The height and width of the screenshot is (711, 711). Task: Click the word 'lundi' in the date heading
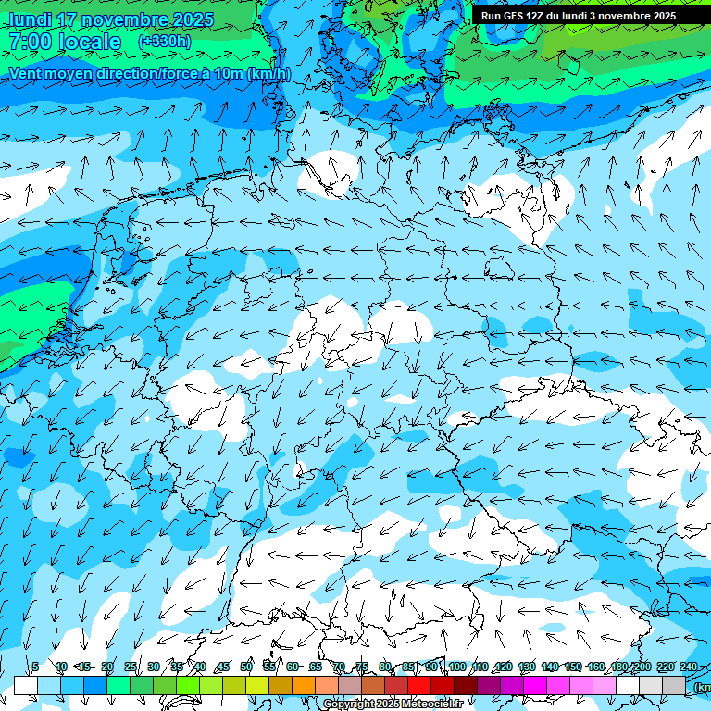click(30, 19)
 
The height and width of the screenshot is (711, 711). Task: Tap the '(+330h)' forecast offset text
click(165, 42)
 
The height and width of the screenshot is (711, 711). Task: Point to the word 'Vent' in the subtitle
click(27, 73)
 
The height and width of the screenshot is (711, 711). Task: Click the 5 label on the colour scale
click(35, 667)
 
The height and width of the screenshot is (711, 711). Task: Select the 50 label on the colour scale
click(246, 667)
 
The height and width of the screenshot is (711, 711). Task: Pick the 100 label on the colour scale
click(456, 667)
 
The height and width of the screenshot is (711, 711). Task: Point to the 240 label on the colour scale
click(688, 667)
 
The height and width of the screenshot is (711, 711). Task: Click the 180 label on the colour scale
click(618, 667)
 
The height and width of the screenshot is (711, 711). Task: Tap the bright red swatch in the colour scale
click(419, 685)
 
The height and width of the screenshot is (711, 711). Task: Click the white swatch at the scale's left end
click(26, 685)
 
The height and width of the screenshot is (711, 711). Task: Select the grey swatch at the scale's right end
click(674, 685)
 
